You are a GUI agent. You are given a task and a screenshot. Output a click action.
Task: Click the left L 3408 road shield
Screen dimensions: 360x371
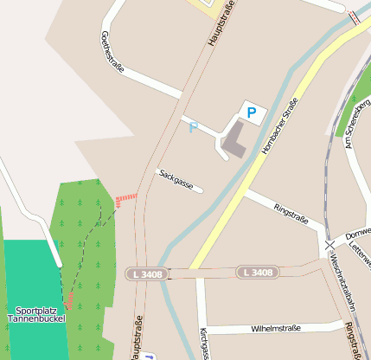pyautogui.click(x=144, y=273)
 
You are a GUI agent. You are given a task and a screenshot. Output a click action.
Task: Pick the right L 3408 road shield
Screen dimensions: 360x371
pyautogui.click(x=259, y=273)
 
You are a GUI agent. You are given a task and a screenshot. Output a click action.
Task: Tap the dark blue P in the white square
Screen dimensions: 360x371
pyautogui.click(x=252, y=112)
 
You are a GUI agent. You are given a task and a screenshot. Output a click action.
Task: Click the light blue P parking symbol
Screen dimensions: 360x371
pyautogui.click(x=194, y=128)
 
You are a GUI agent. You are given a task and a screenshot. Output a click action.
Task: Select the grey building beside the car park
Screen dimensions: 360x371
pyautogui.click(x=233, y=143)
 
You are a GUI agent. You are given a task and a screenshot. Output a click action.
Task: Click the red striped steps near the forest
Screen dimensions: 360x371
pyautogui.click(x=126, y=200)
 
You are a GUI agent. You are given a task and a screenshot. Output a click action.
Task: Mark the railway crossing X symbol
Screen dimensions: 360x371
pyautogui.click(x=329, y=246)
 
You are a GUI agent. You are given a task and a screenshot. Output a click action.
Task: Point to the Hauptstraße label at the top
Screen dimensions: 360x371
pyautogui.click(x=221, y=24)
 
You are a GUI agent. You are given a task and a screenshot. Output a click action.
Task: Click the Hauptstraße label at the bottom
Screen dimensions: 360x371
pyautogui.click(x=136, y=338)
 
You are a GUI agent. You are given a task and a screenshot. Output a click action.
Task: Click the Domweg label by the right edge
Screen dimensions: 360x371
pyautogui.click(x=357, y=235)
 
